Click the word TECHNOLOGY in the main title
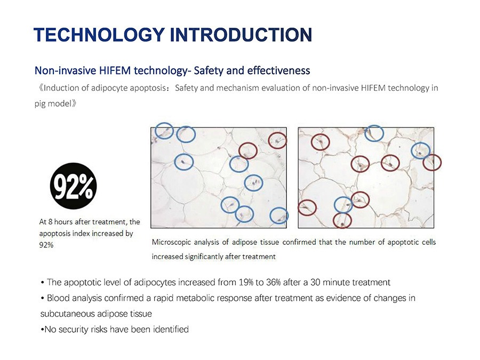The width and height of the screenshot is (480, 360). tap(99, 34)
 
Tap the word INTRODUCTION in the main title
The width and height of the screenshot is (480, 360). tap(241, 34)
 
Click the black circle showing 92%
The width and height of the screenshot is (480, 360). tap(73, 186)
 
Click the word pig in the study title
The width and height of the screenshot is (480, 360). tap(40, 104)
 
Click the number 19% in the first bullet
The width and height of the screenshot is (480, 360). tap(246, 282)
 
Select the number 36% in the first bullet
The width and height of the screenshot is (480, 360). tap(274, 282)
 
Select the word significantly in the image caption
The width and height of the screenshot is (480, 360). tap(204, 257)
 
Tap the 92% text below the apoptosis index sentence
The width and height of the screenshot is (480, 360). tap(46, 245)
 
